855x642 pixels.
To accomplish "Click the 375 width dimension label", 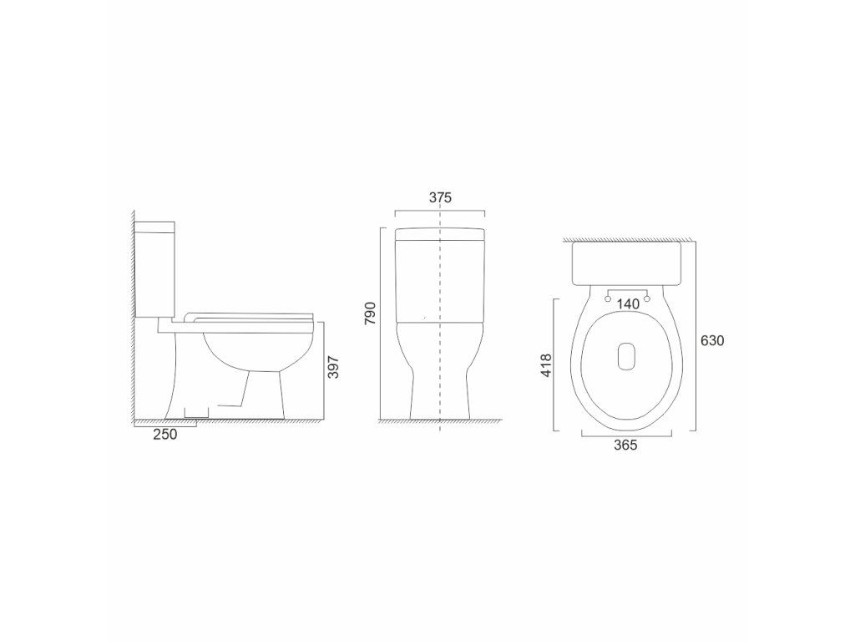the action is pos(440,197).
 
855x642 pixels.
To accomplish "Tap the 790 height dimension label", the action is pos(370,313).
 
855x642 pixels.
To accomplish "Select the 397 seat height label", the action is pos(333,368).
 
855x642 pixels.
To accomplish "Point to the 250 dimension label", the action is pos(165,435).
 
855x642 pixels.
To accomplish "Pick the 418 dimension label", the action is pos(546,365).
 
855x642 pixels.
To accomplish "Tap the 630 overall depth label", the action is pos(712,341).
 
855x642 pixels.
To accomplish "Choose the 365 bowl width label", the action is pos(625,446).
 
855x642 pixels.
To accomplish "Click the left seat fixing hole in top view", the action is pos(608,298).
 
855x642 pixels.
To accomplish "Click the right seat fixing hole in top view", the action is pos(647,298).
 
